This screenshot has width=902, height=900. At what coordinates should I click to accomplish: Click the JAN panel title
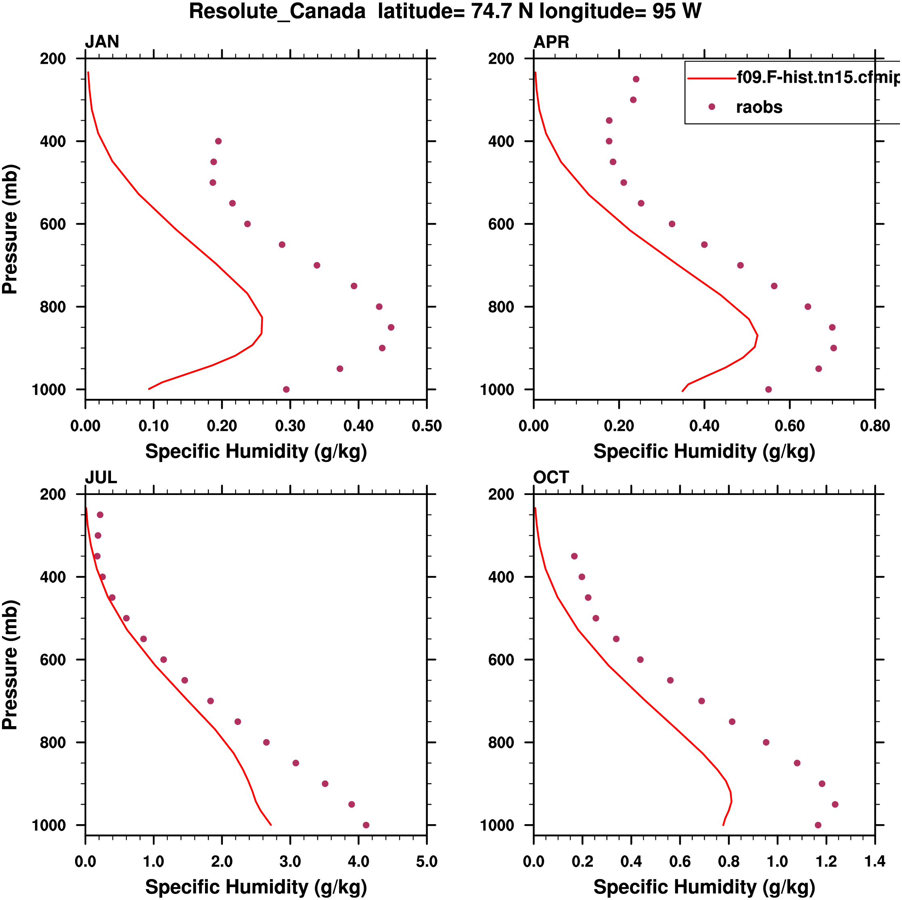102,42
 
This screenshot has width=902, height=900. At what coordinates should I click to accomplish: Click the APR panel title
551,42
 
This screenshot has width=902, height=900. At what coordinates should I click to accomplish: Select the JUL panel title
101,477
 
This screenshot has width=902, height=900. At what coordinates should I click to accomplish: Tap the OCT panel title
551,477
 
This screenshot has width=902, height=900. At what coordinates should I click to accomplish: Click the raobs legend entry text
759,107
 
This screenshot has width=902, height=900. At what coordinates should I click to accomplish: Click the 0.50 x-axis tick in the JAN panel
426,426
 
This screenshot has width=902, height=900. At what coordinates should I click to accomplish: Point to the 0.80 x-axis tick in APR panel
875,426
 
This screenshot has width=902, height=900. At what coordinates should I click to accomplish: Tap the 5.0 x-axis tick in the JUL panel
426,861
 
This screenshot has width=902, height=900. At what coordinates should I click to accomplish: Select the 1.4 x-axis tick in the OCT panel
875,861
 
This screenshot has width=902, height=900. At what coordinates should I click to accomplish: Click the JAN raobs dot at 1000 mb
286,390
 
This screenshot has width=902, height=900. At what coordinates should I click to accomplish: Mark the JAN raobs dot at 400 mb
218,141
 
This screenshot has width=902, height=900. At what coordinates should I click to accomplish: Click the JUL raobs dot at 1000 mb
366,825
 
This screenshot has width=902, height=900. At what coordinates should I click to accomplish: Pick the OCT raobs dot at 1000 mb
818,825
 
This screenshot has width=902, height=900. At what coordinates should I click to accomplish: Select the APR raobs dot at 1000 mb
768,390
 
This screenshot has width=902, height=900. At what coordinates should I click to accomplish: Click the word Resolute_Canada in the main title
277,11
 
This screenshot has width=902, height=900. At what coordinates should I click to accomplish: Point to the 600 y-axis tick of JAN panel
53,224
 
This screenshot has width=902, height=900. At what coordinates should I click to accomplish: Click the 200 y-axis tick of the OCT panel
501,494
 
